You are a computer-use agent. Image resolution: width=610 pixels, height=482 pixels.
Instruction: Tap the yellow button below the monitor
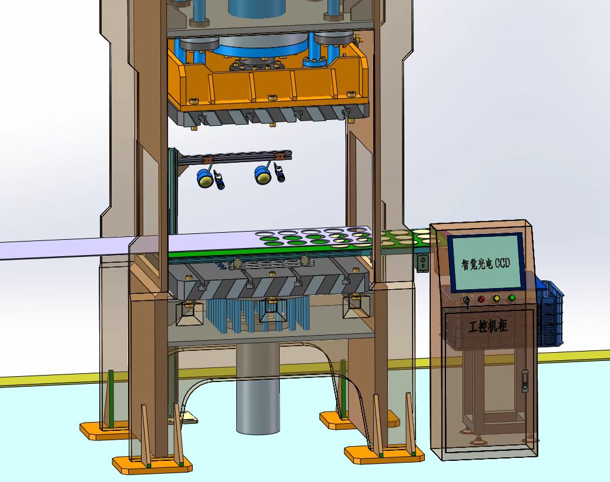click(497, 299)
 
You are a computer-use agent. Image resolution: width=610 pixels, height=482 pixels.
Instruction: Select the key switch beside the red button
click(465, 301)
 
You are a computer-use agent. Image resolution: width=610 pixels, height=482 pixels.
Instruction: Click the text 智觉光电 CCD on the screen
click(485, 264)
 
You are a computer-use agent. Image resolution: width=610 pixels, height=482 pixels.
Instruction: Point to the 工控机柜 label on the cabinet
click(488, 326)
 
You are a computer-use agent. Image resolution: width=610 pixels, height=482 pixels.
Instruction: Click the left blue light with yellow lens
click(205, 178)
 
